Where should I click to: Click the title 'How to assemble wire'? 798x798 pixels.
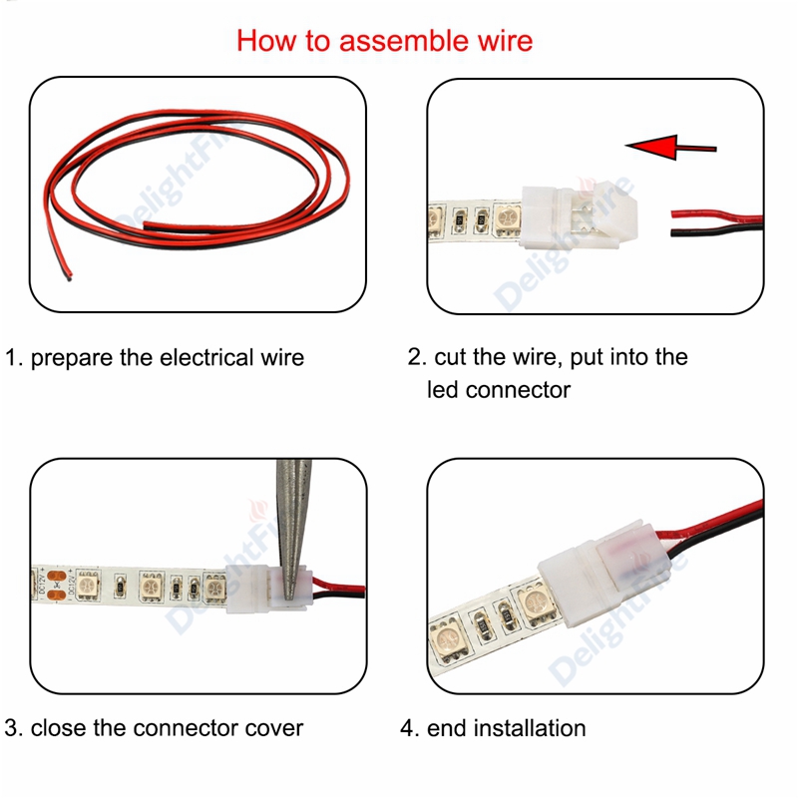point(384,41)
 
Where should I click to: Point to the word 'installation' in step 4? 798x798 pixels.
point(529,728)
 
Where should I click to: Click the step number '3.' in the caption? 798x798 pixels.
point(14,728)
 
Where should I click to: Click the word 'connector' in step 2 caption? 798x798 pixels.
point(518,390)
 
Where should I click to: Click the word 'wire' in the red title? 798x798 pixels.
point(504,41)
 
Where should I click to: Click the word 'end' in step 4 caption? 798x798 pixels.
point(448,728)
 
